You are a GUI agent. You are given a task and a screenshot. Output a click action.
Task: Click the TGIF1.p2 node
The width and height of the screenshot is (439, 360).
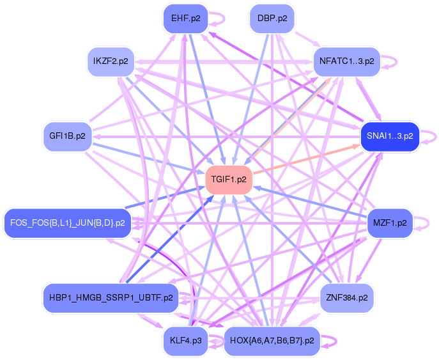(x=229, y=179)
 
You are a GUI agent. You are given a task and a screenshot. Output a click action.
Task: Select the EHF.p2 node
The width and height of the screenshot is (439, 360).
(x=185, y=19)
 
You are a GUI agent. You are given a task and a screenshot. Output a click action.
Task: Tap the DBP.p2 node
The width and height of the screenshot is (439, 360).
(x=272, y=19)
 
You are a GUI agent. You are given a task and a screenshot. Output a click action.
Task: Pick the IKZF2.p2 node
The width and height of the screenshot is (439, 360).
(x=111, y=61)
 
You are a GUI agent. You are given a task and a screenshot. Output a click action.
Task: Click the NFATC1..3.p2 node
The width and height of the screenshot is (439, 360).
(x=346, y=61)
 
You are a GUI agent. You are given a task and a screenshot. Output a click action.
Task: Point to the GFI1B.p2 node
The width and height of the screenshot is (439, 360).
(x=67, y=136)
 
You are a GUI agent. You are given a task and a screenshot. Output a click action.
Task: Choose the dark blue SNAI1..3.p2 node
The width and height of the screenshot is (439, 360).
(x=390, y=136)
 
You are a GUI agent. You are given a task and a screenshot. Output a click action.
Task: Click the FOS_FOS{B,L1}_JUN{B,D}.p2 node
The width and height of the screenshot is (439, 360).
(x=68, y=223)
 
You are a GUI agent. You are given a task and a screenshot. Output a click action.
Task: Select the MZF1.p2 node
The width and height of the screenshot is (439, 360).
(x=390, y=223)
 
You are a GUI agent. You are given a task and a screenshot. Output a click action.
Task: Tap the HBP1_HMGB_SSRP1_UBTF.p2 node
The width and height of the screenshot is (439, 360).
(x=111, y=297)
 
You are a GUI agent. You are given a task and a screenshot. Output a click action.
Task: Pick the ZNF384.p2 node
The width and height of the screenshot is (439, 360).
(x=346, y=297)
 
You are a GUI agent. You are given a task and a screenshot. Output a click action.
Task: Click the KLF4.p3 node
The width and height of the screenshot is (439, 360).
(x=185, y=341)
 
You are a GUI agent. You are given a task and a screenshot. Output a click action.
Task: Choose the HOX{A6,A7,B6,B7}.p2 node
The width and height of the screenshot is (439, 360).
(x=272, y=341)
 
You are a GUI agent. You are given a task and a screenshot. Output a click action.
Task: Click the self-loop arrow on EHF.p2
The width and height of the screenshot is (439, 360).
(x=224, y=19)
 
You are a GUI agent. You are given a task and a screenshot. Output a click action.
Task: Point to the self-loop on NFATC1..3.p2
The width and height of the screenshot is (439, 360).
(x=396, y=61)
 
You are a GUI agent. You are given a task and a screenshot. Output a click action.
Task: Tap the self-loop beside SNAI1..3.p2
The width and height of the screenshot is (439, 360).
(x=435, y=136)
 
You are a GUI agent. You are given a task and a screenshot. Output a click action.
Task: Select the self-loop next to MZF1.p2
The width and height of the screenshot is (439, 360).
(x=428, y=223)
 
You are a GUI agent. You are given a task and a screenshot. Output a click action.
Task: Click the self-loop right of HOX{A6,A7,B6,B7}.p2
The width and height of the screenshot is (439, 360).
(x=335, y=341)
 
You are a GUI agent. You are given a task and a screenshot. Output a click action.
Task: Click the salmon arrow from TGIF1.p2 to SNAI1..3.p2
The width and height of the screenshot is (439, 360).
(x=307, y=159)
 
